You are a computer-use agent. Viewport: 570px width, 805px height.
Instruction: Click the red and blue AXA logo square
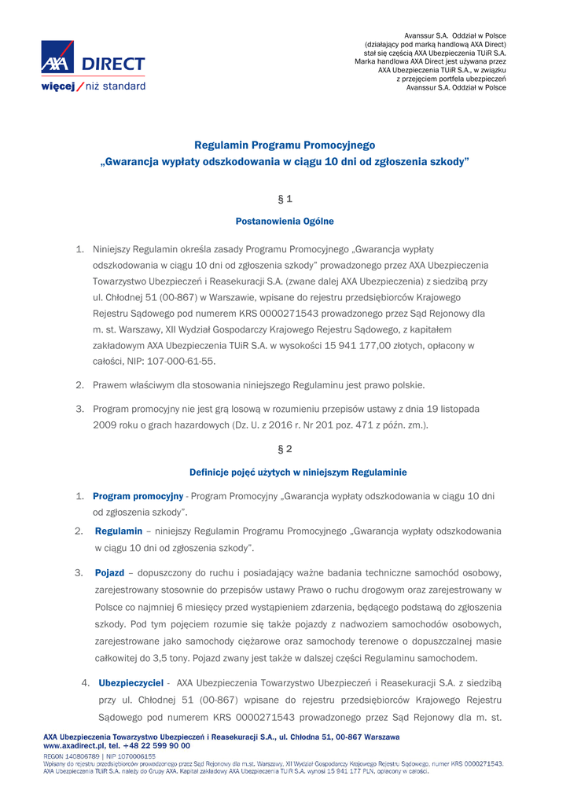(57, 58)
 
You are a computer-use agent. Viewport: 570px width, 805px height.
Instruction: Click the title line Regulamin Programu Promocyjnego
(285, 145)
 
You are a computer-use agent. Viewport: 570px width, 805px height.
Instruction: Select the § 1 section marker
(285, 199)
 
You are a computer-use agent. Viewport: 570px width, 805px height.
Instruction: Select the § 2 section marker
(285, 449)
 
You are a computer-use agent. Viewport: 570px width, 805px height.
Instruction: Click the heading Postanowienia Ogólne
(285, 222)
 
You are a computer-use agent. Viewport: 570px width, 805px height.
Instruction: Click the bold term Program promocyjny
(138, 496)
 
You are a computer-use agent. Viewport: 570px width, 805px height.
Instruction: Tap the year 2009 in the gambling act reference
(105, 425)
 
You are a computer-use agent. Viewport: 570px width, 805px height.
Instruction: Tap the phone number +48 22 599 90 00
(154, 745)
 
